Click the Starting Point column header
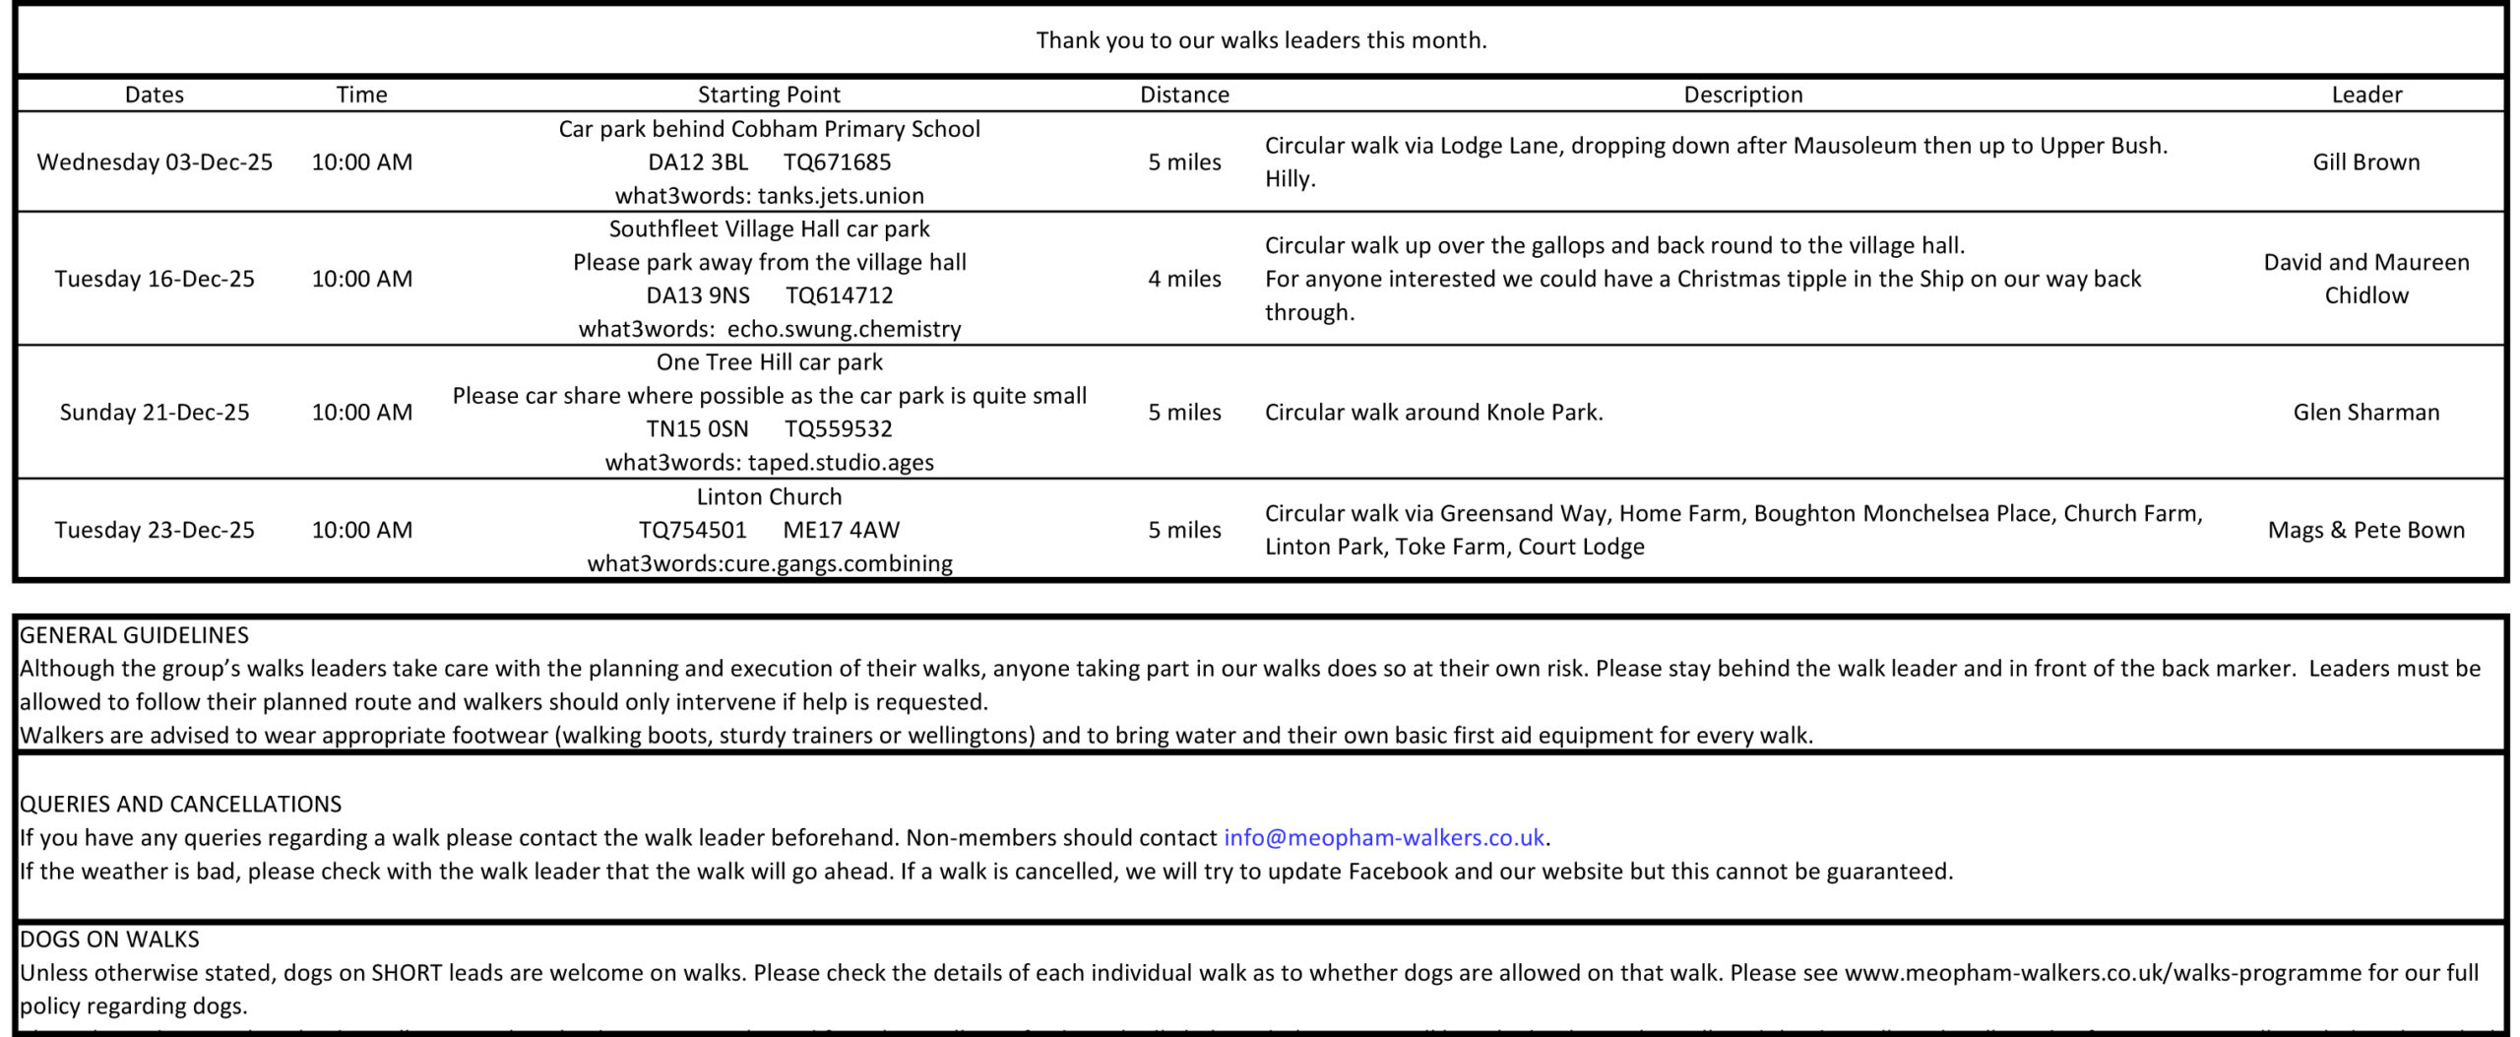769,95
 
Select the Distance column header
1184,95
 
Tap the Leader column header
2366,95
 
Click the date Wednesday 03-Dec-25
155,162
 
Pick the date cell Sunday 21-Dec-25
155,412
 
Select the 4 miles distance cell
1184,279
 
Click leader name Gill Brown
2366,162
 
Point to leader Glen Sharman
2366,412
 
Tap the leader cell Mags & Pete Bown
2366,530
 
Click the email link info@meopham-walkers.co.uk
1383,838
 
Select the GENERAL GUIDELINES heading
135,635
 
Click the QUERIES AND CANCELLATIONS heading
181,804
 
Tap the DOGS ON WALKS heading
109,940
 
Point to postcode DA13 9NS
698,295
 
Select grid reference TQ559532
839,429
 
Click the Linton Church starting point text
769,496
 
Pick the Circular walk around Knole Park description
1433,412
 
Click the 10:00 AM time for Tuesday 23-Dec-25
362,530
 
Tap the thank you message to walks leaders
1261,40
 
